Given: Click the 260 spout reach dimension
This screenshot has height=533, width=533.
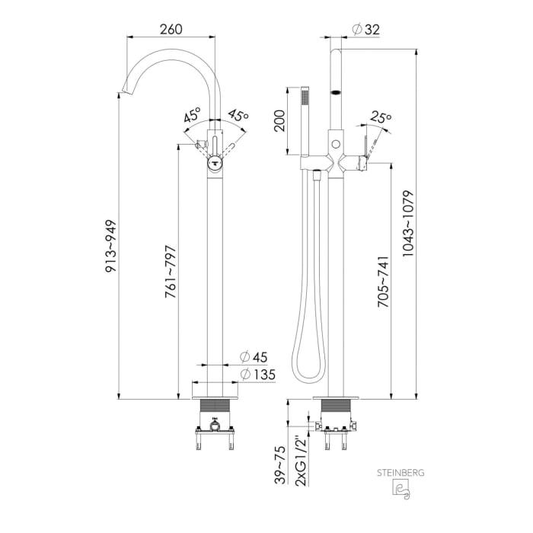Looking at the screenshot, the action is pyautogui.click(x=171, y=29).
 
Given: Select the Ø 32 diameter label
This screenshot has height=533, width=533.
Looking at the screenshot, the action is pyautogui.click(x=365, y=30).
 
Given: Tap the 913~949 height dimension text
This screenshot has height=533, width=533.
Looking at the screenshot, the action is pyautogui.click(x=111, y=246).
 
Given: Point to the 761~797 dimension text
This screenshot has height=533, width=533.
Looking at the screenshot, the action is pyautogui.click(x=171, y=272).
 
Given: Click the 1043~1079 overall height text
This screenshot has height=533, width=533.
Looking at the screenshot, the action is pyautogui.click(x=408, y=223).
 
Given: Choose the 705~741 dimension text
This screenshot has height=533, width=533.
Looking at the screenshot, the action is pyautogui.click(x=384, y=282).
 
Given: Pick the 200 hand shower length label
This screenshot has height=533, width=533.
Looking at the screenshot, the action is pyautogui.click(x=279, y=120).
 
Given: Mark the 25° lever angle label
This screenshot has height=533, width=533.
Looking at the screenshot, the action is pyautogui.click(x=381, y=116).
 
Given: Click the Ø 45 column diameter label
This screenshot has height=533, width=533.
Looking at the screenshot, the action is pyautogui.click(x=254, y=357).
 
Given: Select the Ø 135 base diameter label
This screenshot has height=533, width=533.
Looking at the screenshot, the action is pyautogui.click(x=257, y=375).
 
